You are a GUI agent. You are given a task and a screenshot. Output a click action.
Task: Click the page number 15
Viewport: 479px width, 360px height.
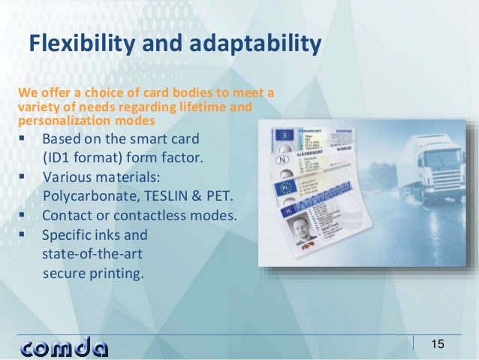pos(437,344)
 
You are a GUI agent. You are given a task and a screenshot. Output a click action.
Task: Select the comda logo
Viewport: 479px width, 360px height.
pos(65,346)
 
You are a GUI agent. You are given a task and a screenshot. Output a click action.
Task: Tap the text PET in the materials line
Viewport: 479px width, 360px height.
pos(219,197)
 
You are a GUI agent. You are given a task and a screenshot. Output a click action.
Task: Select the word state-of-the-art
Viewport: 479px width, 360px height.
pos(89,254)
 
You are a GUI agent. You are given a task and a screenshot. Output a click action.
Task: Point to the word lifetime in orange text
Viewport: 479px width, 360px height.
pos(203,107)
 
